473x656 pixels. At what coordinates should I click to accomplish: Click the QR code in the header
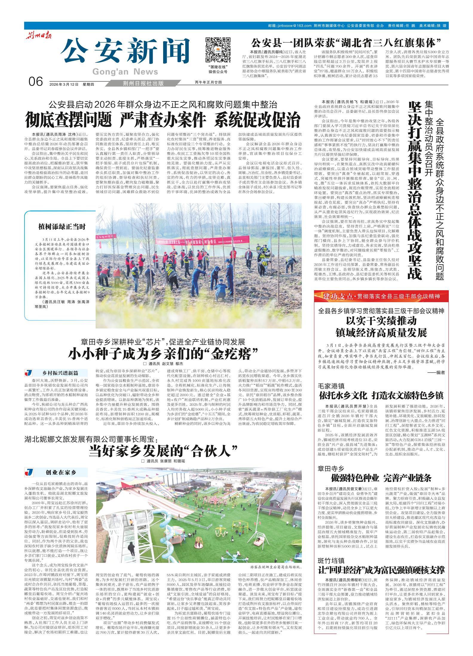coord(218,50)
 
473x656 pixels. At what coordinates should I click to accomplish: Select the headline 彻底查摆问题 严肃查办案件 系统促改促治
coord(163,120)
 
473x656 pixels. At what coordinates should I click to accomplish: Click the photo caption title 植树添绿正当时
coord(62,227)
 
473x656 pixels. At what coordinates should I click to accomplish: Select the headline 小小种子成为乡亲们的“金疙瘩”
coord(163,354)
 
